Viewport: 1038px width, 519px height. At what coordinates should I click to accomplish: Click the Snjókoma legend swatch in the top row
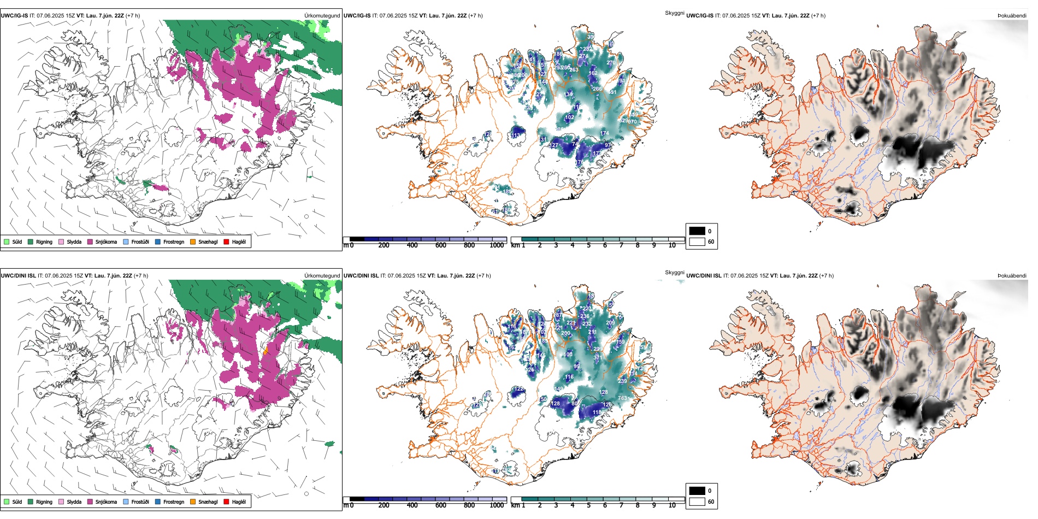point(90,241)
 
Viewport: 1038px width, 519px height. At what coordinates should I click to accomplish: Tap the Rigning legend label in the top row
point(44,241)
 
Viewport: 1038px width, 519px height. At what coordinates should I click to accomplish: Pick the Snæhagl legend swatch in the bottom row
point(193,502)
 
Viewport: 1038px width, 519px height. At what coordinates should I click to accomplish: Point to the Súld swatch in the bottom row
point(7,502)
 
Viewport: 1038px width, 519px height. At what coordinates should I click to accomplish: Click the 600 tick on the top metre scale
point(441,245)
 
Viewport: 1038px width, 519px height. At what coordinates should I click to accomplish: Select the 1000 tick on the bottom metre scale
point(497,505)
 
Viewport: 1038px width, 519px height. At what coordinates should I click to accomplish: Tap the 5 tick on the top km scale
point(588,245)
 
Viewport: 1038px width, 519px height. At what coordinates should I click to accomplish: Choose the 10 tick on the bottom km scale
point(672,505)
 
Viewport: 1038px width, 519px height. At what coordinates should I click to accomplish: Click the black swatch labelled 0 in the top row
point(697,231)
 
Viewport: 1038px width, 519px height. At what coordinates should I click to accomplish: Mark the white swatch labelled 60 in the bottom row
point(697,502)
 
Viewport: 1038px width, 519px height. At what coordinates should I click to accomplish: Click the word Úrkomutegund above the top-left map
point(322,16)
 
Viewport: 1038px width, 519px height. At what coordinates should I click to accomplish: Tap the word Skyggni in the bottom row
point(675,273)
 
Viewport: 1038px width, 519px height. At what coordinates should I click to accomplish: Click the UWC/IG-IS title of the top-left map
point(14,16)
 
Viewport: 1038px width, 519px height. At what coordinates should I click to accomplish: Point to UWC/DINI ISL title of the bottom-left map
point(18,276)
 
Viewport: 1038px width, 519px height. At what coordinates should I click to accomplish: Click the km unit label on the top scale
point(515,245)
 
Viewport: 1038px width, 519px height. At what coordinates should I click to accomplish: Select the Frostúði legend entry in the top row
point(140,241)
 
